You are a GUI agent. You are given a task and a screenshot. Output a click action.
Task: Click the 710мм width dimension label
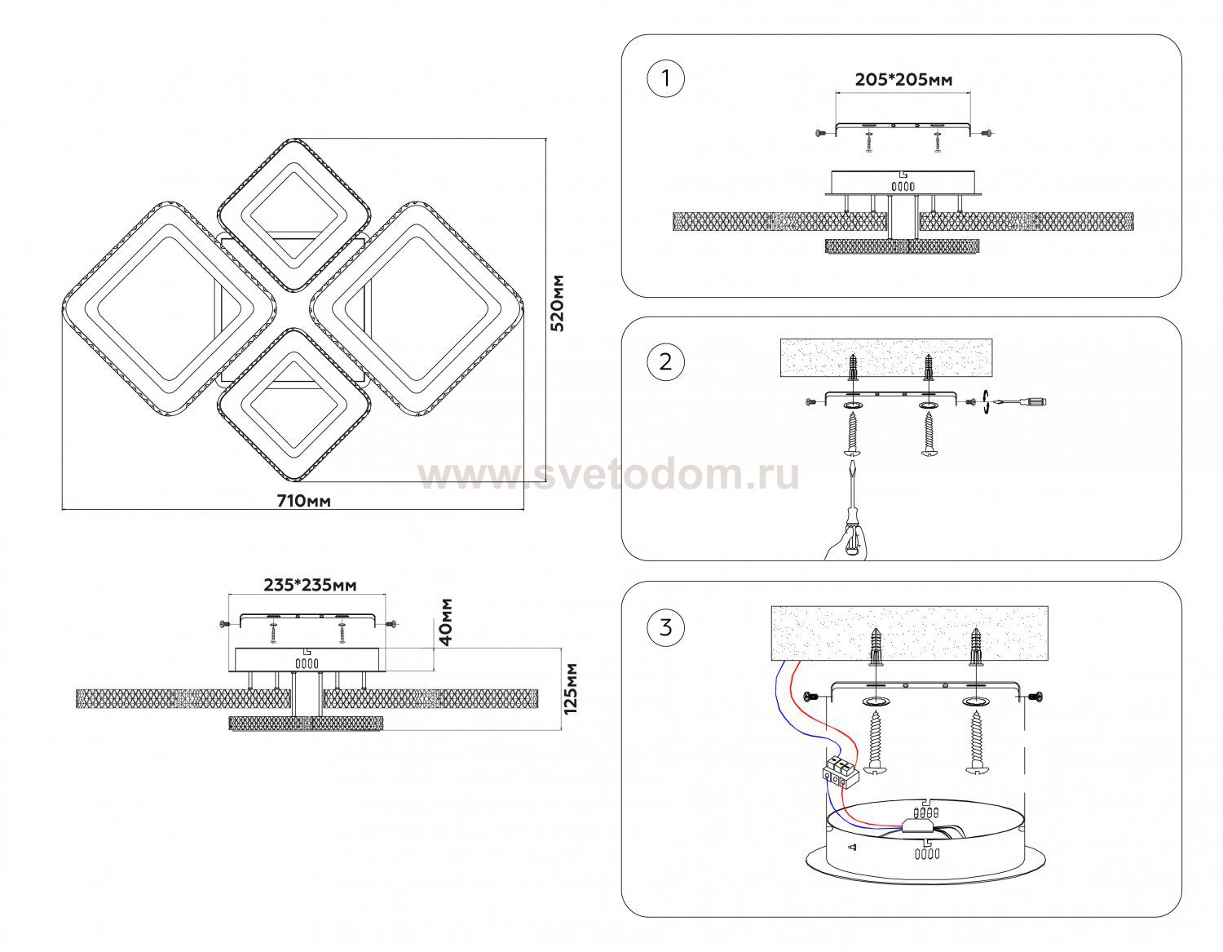pyautogui.click(x=303, y=501)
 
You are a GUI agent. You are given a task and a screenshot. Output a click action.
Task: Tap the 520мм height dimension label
pyautogui.click(x=557, y=303)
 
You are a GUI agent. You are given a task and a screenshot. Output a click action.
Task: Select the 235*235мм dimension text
pyautogui.click(x=310, y=586)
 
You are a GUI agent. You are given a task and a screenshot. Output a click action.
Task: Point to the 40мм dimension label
pyautogui.click(x=446, y=622)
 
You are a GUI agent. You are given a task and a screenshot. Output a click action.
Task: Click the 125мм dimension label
pyautogui.click(x=572, y=689)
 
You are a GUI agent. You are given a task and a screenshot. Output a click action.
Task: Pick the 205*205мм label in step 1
pyautogui.click(x=904, y=80)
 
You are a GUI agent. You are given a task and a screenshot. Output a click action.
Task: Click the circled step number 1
pyautogui.click(x=666, y=79)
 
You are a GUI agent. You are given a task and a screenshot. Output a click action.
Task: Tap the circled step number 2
pyautogui.click(x=666, y=361)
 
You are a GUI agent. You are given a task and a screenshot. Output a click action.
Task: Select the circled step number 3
pyautogui.click(x=666, y=627)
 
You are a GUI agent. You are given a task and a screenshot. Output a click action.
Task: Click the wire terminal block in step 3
pyautogui.click(x=841, y=773)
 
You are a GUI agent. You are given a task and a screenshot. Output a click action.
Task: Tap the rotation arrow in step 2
pyautogui.click(x=986, y=402)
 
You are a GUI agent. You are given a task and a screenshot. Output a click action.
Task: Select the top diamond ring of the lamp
pyautogui.click(x=294, y=215)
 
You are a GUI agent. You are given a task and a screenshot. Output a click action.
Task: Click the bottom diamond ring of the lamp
pyautogui.click(x=294, y=405)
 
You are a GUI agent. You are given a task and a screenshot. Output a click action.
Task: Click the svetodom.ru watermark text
pyautogui.click(x=608, y=476)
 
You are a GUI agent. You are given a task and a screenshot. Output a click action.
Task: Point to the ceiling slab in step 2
pyautogui.click(x=886, y=357)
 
